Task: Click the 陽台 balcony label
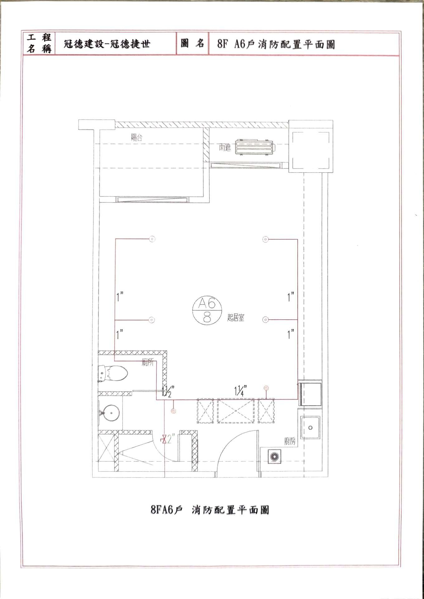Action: pyautogui.click(x=137, y=138)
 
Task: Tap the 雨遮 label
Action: pyautogui.click(x=225, y=148)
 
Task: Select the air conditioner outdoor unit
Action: pyautogui.click(x=254, y=147)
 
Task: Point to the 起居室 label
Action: pyautogui.click(x=236, y=318)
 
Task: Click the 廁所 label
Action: pyautogui.click(x=148, y=363)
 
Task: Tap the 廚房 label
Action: pyautogui.click(x=290, y=441)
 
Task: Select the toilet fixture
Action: pyautogui.click(x=113, y=373)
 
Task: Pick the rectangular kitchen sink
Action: pyautogui.click(x=310, y=427)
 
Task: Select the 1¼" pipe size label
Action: pyautogui.click(x=241, y=390)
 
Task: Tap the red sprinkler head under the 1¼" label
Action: pyautogui.click(x=266, y=388)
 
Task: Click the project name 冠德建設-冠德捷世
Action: pyautogui.click(x=107, y=44)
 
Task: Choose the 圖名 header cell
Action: pyautogui.click(x=192, y=43)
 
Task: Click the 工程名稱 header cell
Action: pyautogui.click(x=39, y=43)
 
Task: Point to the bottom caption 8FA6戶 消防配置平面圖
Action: pyautogui.click(x=210, y=510)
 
